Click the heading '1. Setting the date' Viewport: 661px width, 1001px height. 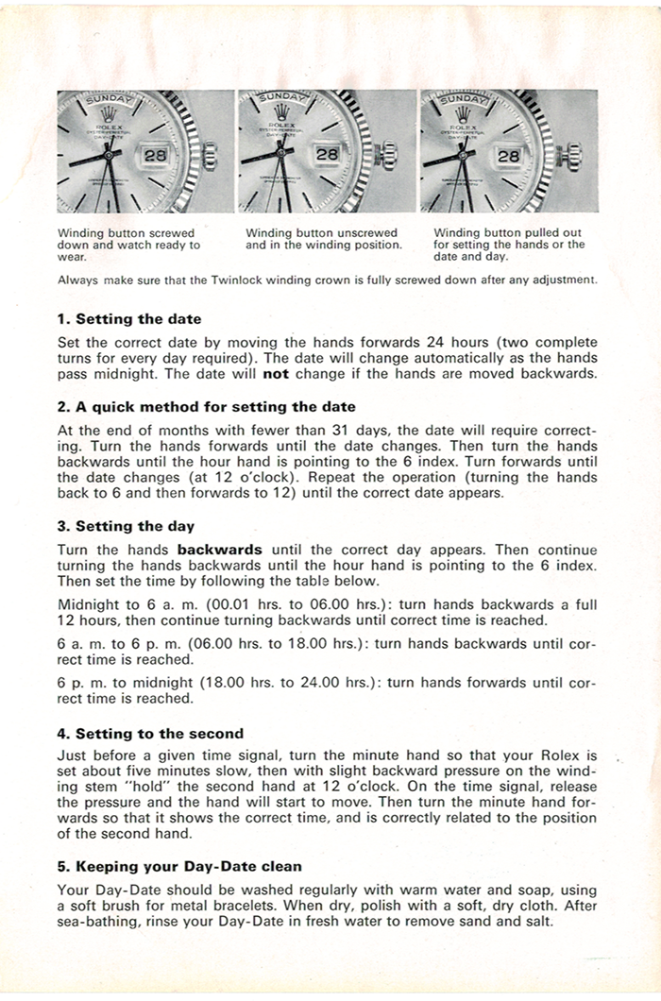tap(129, 319)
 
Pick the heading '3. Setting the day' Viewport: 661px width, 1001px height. tap(127, 526)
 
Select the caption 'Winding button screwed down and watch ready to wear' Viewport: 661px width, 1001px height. tap(129, 245)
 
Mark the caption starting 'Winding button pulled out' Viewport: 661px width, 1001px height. tap(509, 245)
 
